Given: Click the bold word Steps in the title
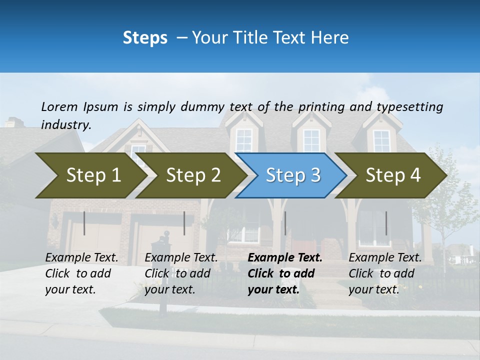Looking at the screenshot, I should click(x=145, y=38).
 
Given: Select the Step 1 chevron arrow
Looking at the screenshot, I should click(x=90, y=175).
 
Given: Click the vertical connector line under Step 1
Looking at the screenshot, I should click(x=84, y=223).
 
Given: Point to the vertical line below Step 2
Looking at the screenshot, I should click(x=184, y=223).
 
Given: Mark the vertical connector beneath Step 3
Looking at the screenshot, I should click(x=285, y=223).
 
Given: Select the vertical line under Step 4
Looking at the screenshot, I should click(x=386, y=223).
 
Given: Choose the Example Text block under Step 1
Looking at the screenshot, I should click(x=81, y=273).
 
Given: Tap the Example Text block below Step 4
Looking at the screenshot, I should click(x=384, y=273).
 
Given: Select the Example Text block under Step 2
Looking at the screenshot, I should click(x=181, y=273).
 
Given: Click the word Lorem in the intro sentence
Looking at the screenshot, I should click(x=59, y=106).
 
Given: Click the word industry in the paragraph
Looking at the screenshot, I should click(x=65, y=124).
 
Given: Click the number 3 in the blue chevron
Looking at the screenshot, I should click(x=315, y=175).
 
